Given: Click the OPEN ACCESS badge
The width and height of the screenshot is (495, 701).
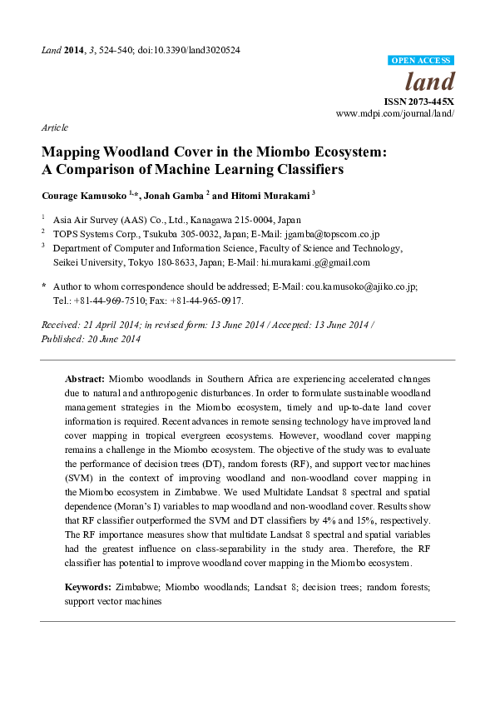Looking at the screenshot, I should (x=422, y=61).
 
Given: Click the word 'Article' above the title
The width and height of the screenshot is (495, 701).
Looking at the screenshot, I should (x=54, y=127).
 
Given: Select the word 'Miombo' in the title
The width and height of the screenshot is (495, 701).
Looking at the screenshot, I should (x=255, y=152).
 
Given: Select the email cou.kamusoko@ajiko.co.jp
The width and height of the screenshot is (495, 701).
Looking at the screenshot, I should (x=369, y=286).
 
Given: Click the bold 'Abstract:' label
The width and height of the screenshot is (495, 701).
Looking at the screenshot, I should (x=85, y=377).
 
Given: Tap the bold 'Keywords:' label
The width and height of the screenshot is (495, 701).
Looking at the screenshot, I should (x=87, y=587).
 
